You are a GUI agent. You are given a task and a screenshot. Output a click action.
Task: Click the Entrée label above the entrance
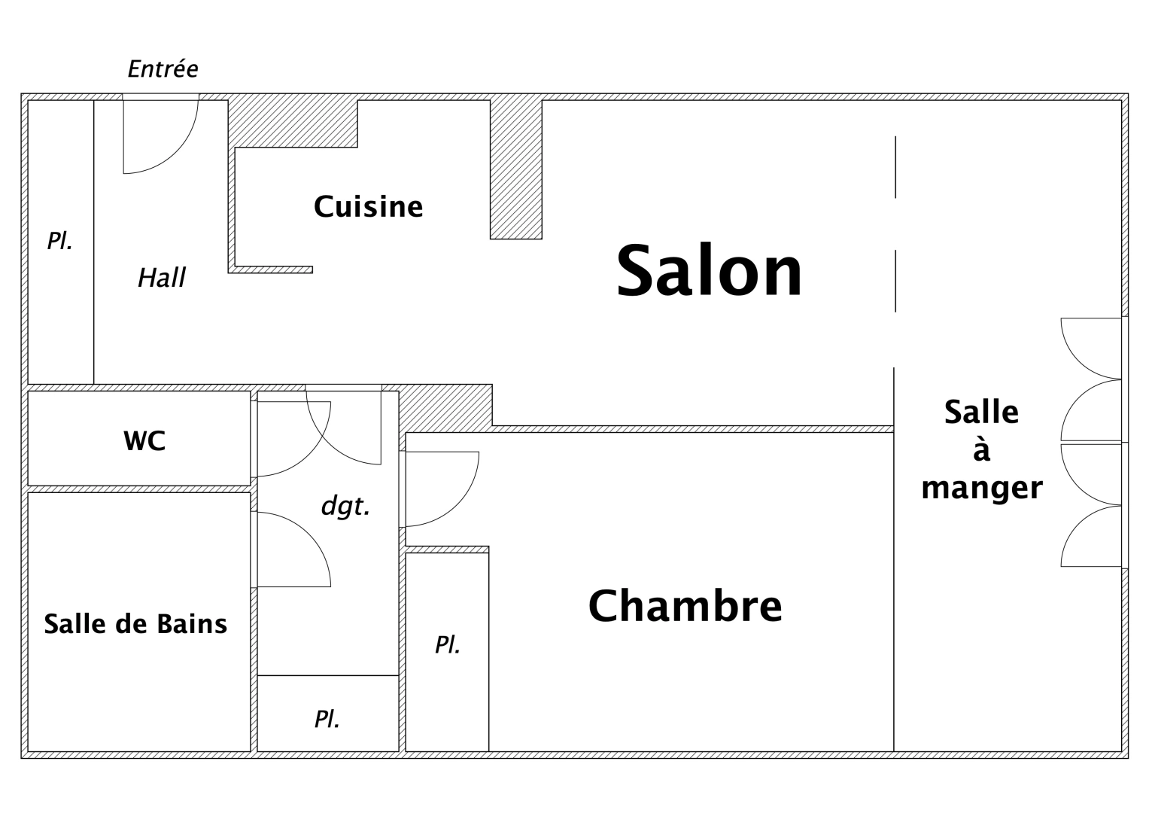(163, 69)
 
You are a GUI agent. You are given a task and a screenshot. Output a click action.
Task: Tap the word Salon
(709, 270)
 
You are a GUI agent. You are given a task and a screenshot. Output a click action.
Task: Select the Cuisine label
(368, 206)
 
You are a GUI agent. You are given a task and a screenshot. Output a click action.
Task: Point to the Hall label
(162, 278)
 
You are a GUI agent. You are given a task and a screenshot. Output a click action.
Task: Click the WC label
(144, 441)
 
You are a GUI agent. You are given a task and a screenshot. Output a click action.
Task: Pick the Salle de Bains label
(135, 624)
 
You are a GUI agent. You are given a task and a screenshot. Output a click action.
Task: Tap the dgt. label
(345, 507)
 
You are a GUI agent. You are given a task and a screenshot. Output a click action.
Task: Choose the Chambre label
(685, 606)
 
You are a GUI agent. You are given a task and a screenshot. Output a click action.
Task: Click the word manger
(982, 488)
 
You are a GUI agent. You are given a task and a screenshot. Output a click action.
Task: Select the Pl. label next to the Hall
(59, 241)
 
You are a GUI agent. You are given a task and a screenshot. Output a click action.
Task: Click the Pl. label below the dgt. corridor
(327, 719)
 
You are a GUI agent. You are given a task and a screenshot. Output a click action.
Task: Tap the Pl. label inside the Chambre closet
(447, 644)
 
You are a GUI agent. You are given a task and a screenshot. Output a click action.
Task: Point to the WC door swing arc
(309, 454)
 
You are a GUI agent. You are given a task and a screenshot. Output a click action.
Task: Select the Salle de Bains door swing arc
(309, 534)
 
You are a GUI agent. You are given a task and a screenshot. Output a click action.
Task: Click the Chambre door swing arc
(457, 505)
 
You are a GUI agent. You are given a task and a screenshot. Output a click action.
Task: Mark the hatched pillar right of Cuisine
(516, 169)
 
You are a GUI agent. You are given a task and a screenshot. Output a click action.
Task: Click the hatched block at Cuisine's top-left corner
(293, 123)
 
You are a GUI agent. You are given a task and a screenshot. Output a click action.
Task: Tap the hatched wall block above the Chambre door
(445, 408)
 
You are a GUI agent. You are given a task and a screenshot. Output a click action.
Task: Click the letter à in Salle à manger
(981, 449)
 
